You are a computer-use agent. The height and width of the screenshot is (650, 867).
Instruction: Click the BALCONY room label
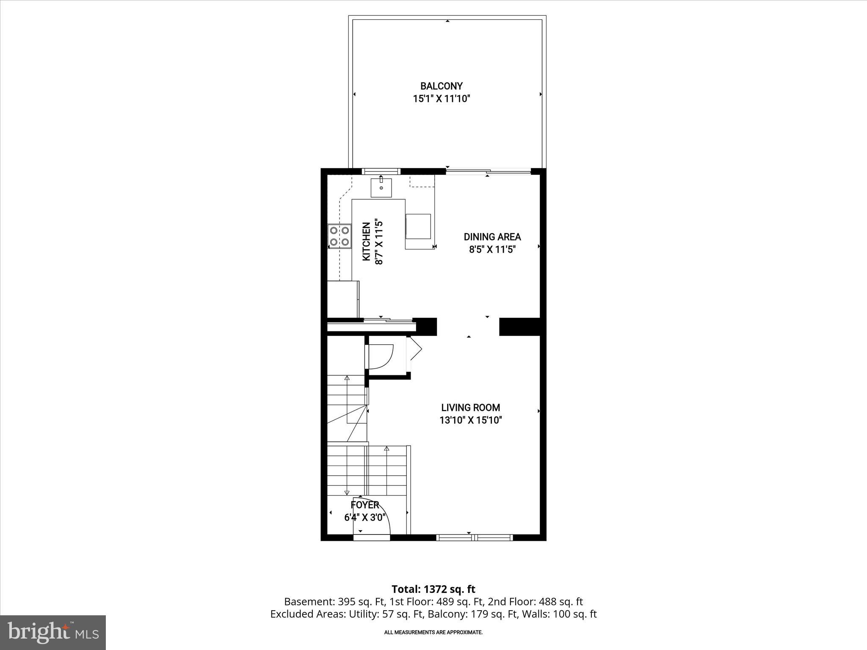pyautogui.click(x=442, y=86)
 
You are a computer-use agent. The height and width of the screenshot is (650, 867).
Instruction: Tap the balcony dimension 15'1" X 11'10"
pyautogui.click(x=442, y=99)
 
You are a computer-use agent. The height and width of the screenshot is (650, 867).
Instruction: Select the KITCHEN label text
pyautogui.click(x=367, y=242)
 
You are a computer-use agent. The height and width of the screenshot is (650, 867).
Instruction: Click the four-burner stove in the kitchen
pyautogui.click(x=340, y=236)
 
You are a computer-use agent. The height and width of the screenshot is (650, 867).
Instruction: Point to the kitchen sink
pyautogui.click(x=381, y=188)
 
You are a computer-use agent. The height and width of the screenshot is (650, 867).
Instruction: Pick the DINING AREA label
pyautogui.click(x=492, y=237)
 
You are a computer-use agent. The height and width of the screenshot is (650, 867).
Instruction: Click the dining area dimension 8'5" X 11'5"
pyautogui.click(x=492, y=250)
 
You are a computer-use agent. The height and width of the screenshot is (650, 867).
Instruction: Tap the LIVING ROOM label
pyautogui.click(x=470, y=408)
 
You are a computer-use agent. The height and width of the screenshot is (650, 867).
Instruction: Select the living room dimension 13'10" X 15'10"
pyautogui.click(x=470, y=420)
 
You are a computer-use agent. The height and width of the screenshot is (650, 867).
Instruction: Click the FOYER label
pyautogui.click(x=364, y=505)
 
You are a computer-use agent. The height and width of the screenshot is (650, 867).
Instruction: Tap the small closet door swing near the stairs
pyautogui.click(x=383, y=355)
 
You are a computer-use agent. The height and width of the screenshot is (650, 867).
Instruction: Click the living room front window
pyautogui.click(x=475, y=538)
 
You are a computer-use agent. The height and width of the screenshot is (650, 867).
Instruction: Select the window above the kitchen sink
pyautogui.click(x=381, y=171)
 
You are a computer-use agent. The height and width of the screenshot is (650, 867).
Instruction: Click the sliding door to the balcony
pyautogui.click(x=488, y=171)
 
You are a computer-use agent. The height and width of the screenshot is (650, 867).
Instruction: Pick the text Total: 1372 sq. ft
pyautogui.click(x=433, y=589)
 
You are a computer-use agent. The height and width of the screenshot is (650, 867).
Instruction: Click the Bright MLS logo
pyautogui.click(x=53, y=633)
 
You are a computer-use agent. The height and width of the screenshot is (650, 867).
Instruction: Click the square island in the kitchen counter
pyautogui.click(x=418, y=226)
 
